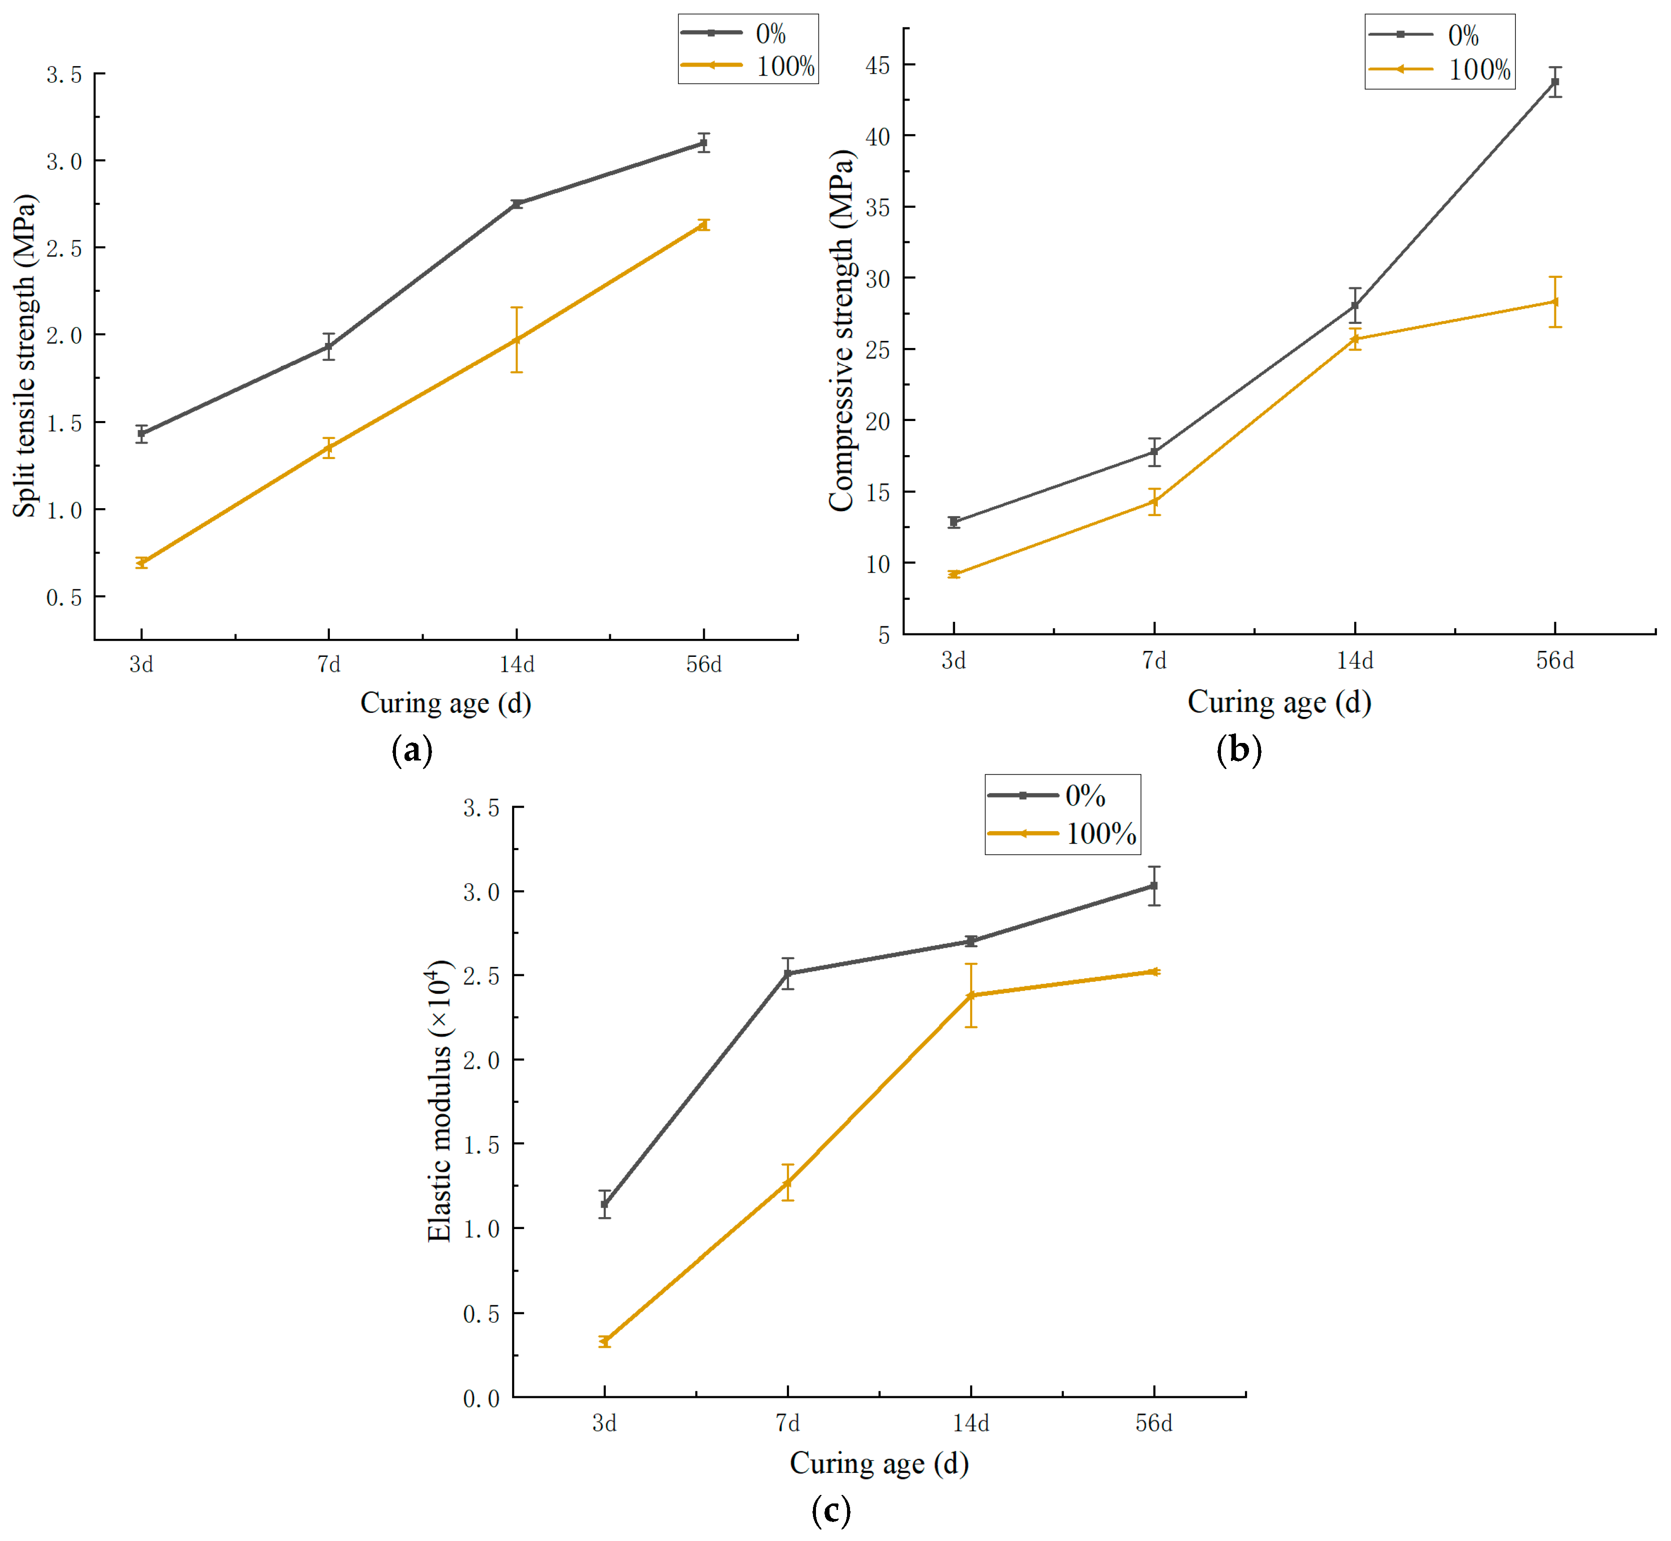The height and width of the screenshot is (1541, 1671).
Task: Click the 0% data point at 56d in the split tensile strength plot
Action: (x=704, y=143)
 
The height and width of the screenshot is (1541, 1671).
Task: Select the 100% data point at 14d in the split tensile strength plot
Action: (x=517, y=339)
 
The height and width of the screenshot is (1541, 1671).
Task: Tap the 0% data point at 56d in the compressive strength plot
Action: (x=1555, y=82)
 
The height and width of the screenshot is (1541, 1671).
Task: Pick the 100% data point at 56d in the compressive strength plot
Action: (x=1555, y=302)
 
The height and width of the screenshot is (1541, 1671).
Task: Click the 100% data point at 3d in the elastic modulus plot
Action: (x=605, y=1341)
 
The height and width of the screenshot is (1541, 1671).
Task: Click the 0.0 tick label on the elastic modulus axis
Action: (x=481, y=1398)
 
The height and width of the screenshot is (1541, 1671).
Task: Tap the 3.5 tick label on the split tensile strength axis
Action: (x=64, y=75)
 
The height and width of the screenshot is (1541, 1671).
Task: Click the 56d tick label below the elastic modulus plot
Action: (x=1154, y=1423)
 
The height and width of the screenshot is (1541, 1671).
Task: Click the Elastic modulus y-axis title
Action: (x=440, y=1101)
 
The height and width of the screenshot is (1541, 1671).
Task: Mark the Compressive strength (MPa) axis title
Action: (x=842, y=330)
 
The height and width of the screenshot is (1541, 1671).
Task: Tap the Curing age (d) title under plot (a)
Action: (x=445, y=703)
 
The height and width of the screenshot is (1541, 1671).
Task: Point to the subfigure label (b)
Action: (x=1238, y=749)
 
